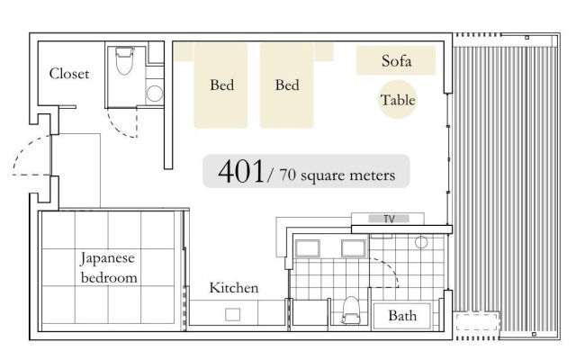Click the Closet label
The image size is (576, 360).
click(x=69, y=74)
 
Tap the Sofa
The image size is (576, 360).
click(x=396, y=60)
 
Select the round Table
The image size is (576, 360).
click(x=398, y=100)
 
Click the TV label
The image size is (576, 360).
click(x=389, y=219)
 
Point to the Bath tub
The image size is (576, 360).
click(x=401, y=316)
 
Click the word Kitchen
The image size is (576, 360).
click(x=234, y=288)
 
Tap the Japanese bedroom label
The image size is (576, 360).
click(x=108, y=268)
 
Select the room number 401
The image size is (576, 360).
click(x=241, y=172)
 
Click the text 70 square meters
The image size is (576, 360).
click(x=337, y=175)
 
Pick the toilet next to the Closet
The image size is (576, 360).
click(x=124, y=61)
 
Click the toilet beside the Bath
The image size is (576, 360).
click(x=351, y=310)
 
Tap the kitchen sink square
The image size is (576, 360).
click(x=232, y=315)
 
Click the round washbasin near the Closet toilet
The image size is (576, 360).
click(x=155, y=94)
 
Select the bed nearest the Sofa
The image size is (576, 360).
click(x=287, y=85)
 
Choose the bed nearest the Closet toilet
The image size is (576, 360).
click(x=220, y=85)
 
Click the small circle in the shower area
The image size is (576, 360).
click(x=421, y=242)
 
